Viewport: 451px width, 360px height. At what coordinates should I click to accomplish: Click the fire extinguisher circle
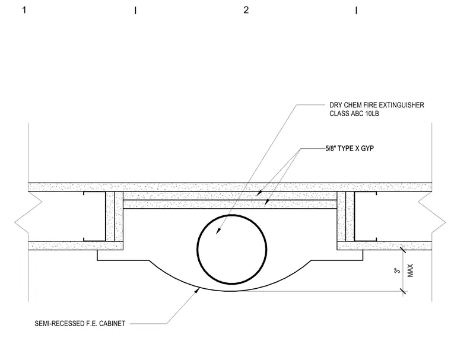click(x=198, y=249)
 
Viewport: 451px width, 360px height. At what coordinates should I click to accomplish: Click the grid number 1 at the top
click(x=24, y=10)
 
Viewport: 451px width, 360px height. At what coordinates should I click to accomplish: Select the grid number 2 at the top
click(x=246, y=10)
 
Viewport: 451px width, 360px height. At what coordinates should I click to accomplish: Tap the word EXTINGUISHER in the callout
click(x=403, y=105)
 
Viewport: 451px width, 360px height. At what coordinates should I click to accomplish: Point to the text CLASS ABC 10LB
click(x=354, y=114)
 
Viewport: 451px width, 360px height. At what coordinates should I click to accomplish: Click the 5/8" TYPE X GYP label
click(x=350, y=148)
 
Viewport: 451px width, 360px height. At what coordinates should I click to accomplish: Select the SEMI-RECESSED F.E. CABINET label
click(x=80, y=323)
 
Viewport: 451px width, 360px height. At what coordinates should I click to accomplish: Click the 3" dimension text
click(x=398, y=270)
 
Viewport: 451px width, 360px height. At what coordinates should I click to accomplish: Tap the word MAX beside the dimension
click(x=411, y=270)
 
